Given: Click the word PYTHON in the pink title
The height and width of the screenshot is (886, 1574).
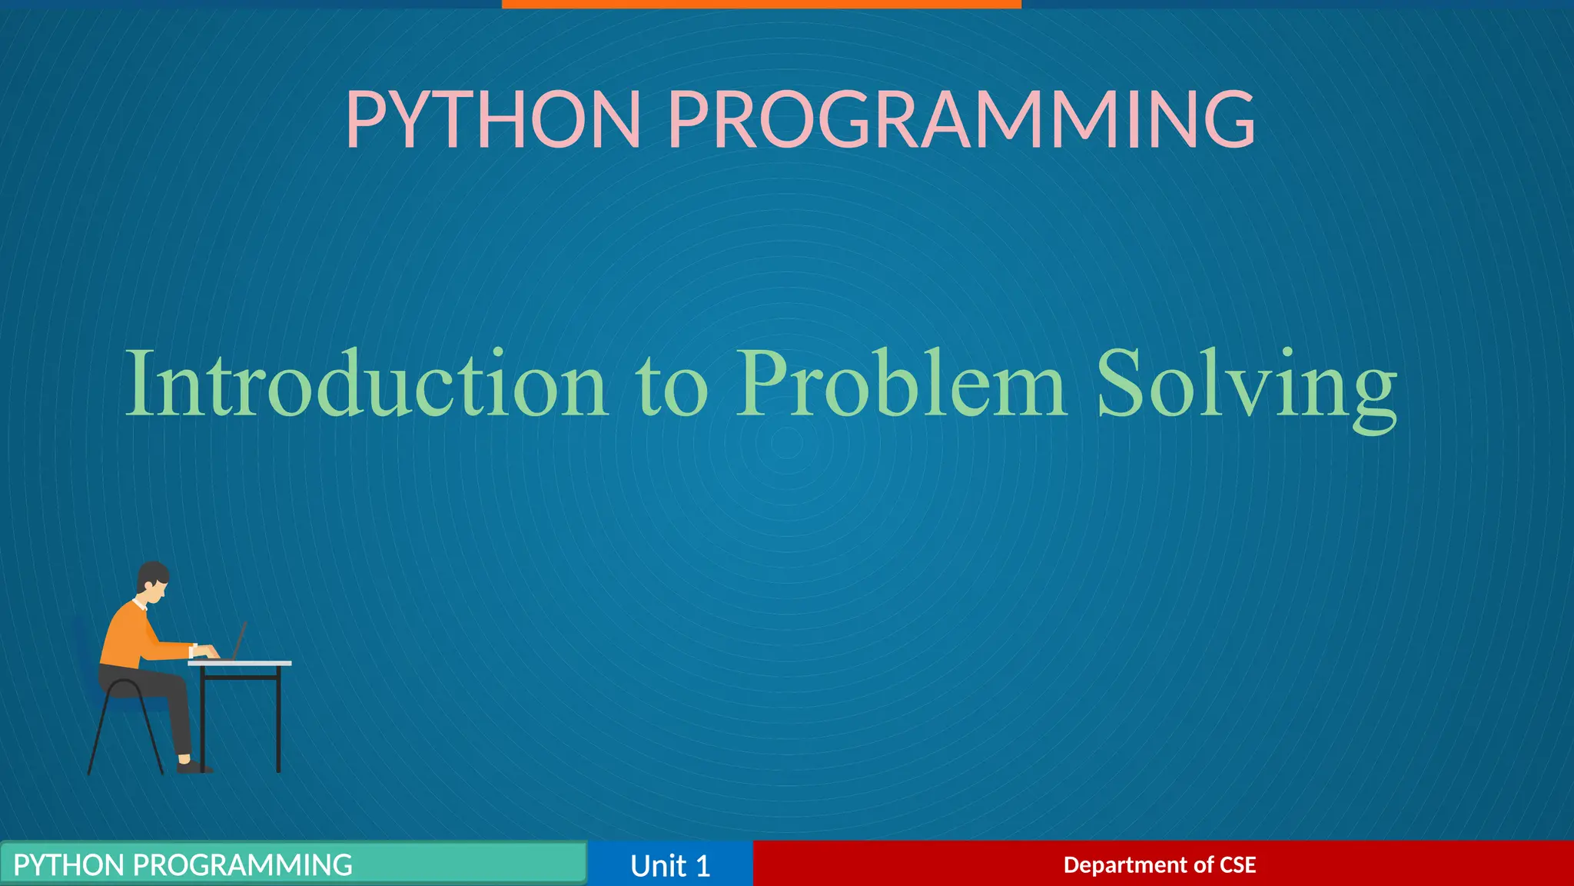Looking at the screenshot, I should [493, 120].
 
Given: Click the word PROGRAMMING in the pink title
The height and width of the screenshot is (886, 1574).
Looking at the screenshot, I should [961, 120].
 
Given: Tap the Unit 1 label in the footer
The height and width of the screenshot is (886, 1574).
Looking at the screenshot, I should [669, 865].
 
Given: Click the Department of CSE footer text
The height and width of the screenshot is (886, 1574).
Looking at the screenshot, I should [1159, 864].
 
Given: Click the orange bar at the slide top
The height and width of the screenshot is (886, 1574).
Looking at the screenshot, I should [761, 4].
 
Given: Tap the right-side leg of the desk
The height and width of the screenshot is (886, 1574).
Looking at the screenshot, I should [278, 723].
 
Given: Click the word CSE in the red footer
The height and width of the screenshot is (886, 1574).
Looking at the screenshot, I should [1237, 864].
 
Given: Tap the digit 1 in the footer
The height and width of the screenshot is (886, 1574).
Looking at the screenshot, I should [702, 866].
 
